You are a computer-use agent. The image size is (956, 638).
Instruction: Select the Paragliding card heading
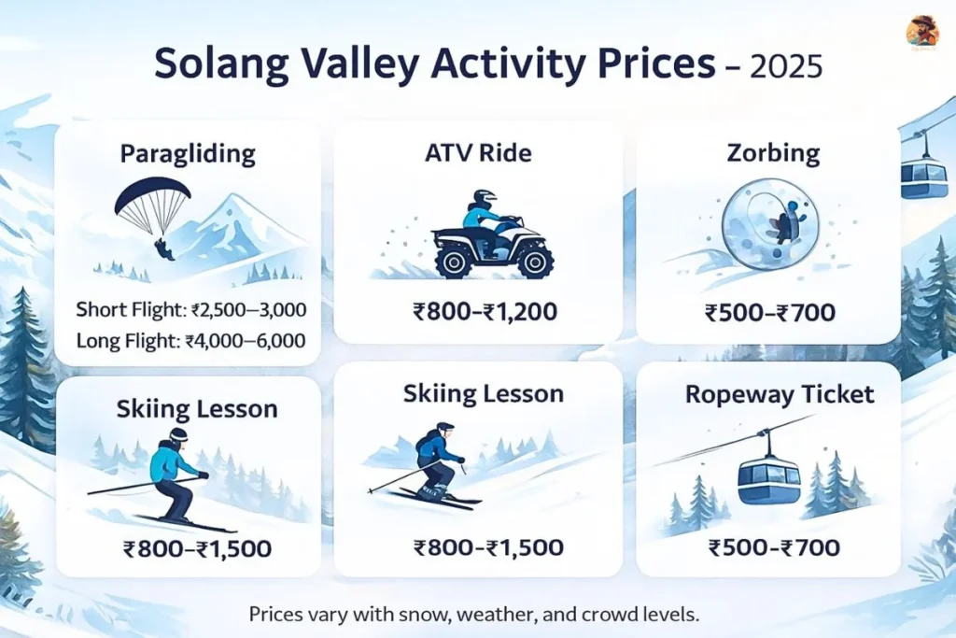click(x=188, y=153)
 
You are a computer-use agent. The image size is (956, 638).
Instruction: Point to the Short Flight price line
click(x=191, y=309)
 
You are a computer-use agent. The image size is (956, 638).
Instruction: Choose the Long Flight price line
click(x=190, y=341)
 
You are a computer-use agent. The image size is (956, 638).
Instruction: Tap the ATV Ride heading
click(x=478, y=152)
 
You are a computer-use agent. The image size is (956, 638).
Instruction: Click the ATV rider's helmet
click(x=484, y=199)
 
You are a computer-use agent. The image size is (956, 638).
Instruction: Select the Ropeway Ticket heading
click(x=780, y=394)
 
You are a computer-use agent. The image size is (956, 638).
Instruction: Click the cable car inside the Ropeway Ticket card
click(x=768, y=477)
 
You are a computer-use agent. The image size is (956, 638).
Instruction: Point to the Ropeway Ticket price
click(x=768, y=546)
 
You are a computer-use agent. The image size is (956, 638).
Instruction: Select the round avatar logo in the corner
click(x=922, y=32)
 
